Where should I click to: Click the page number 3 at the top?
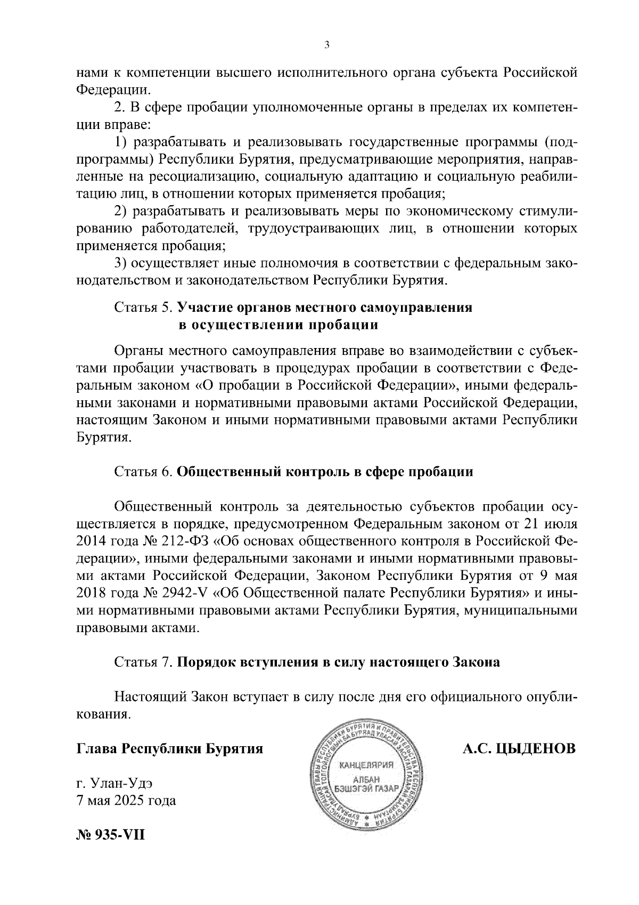(x=326, y=45)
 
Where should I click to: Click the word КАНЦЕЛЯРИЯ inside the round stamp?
(x=365, y=766)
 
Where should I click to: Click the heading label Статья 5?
(x=143, y=308)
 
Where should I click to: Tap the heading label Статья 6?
(x=143, y=472)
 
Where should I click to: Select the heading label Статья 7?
(x=143, y=662)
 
